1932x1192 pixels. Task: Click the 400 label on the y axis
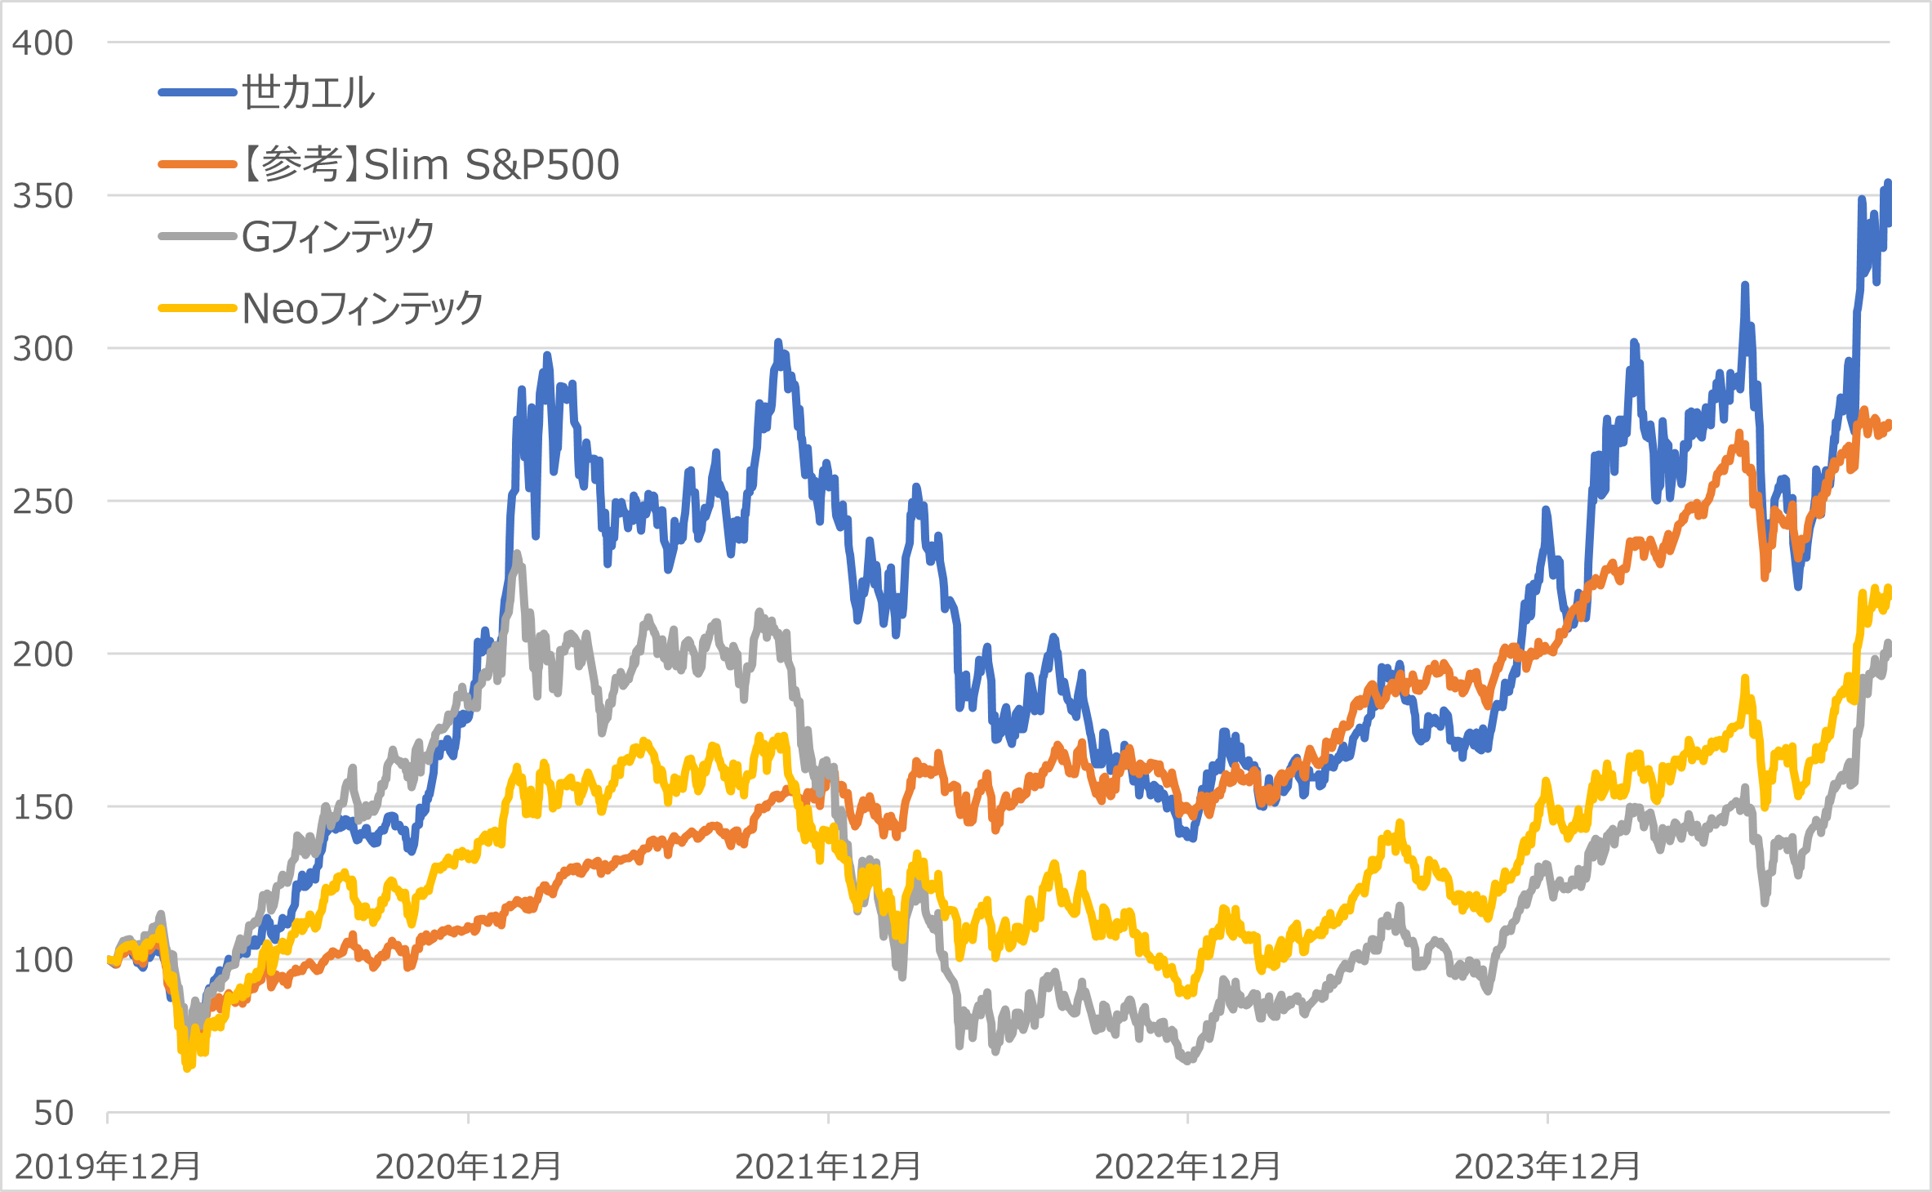(42, 42)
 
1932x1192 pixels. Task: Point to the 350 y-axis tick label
(42, 196)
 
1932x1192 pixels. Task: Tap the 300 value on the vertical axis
(42, 349)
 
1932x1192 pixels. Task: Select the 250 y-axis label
(42, 502)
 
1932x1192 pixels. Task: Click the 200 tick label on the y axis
(42, 654)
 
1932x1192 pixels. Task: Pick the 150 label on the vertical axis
(42, 807)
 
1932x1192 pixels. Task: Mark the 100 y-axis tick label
(42, 960)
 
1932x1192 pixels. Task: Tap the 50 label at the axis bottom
(53, 1114)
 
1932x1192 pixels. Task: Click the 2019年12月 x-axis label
(108, 1167)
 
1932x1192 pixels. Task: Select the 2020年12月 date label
(468, 1167)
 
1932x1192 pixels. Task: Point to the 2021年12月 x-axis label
(828, 1167)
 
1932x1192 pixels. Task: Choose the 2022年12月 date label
(1187, 1167)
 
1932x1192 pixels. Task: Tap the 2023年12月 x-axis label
(1547, 1167)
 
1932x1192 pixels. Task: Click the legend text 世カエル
(308, 92)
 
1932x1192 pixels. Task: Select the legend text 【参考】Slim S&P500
(431, 165)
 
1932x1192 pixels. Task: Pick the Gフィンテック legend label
(337, 237)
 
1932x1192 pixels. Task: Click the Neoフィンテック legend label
(363, 309)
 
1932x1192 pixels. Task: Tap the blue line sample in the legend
(198, 92)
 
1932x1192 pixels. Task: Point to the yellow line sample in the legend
(198, 309)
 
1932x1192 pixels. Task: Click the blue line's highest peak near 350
(1887, 183)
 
